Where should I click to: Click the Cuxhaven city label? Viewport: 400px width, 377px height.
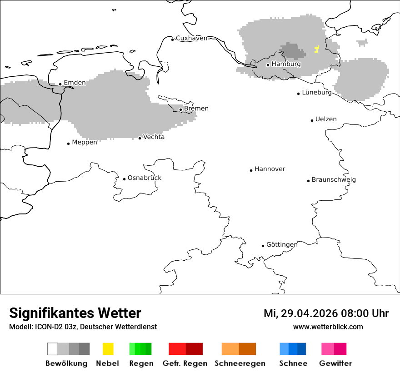pos(191,38)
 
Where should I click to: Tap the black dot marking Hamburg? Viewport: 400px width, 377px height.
pos(268,65)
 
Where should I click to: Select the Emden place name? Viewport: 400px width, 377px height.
pos(75,83)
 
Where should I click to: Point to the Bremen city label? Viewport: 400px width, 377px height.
pos(196,109)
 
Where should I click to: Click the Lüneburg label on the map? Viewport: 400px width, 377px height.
pos(317,93)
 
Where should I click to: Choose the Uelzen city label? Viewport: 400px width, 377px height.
pos(326,119)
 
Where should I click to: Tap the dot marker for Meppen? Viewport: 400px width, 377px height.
pos(68,144)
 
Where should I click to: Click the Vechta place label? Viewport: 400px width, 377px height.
pos(154,137)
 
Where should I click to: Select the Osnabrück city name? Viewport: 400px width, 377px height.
pos(145,178)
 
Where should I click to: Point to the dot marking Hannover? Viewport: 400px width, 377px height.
pos(251,170)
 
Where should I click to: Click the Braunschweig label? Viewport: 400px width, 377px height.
pos(334,180)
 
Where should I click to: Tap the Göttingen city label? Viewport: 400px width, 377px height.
pos(282,245)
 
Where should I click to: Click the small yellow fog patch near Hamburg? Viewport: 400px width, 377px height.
pos(317,49)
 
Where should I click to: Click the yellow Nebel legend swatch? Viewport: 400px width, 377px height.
pos(108,349)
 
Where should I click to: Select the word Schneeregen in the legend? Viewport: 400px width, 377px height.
pos(240,363)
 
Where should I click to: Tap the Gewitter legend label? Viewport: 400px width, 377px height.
pos(335,363)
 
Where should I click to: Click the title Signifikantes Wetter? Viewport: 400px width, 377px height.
pos(75,313)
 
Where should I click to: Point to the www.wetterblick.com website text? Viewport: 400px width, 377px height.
pos(328,327)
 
